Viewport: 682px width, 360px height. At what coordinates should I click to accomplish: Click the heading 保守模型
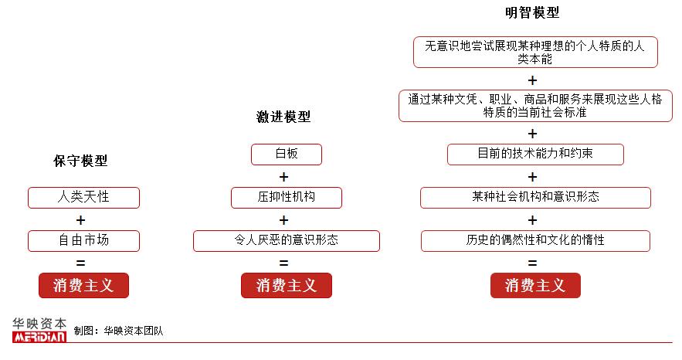point(80,161)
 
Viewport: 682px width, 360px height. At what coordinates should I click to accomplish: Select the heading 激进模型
point(283,117)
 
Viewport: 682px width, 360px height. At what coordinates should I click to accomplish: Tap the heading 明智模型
point(532,13)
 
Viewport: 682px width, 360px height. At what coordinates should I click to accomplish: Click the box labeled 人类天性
point(83,197)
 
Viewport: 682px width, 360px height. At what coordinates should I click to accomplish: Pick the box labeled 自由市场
point(83,240)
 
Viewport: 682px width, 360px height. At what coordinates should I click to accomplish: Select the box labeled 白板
point(286,154)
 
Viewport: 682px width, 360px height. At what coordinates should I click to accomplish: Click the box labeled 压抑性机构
point(286,197)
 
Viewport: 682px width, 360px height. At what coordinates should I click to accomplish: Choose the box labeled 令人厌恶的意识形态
point(286,240)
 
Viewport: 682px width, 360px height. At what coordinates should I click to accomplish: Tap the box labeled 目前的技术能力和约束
point(535,154)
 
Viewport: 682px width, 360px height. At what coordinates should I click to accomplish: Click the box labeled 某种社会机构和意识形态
point(535,197)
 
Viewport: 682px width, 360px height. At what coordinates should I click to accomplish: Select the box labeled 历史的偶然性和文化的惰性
point(535,240)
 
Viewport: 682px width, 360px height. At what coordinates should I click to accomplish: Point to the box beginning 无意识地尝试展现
point(535,52)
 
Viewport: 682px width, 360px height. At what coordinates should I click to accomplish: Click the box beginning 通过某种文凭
point(535,105)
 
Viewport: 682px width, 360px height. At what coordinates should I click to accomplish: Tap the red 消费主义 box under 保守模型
point(83,286)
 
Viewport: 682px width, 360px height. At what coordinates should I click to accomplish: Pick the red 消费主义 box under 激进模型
point(286,286)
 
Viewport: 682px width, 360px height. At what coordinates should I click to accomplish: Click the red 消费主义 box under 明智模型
point(535,286)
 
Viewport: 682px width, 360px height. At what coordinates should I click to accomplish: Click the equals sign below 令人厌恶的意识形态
point(283,263)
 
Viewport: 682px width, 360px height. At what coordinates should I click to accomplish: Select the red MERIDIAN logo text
point(39,337)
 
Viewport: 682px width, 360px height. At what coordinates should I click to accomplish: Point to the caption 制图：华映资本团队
point(118,331)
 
